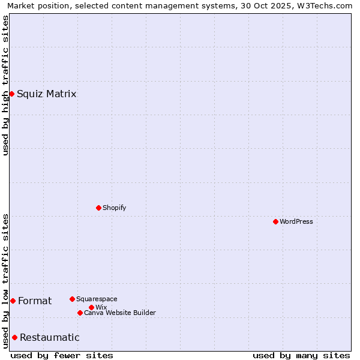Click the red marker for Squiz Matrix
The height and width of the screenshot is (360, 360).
point(11,94)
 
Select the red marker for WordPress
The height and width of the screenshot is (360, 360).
point(275,221)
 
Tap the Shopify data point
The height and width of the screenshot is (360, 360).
point(98,208)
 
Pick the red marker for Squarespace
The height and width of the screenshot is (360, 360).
point(72,299)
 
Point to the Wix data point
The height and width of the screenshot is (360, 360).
point(91,307)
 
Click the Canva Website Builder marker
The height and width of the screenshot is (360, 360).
point(80,313)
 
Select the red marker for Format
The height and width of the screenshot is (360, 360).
point(13,301)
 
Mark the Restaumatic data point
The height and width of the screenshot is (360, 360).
point(14,337)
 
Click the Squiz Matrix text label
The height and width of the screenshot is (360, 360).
point(47,94)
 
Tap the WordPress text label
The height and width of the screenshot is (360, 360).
point(296,221)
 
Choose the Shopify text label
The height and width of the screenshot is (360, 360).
point(114,208)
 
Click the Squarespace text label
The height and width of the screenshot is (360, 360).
point(97,299)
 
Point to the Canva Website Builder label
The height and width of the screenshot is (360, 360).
point(120,313)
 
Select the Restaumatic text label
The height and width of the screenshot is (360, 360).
point(50,337)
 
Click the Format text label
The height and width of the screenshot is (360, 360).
point(35,301)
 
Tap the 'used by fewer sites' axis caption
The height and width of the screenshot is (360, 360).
point(62,355)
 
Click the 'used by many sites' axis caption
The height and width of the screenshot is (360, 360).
point(301,355)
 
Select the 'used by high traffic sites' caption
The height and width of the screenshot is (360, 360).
point(5,85)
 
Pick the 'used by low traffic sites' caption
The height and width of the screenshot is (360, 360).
point(5,281)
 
